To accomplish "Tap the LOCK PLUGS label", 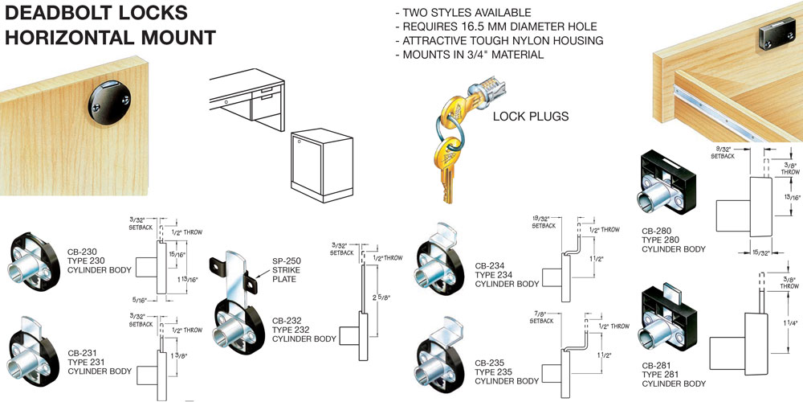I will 531,117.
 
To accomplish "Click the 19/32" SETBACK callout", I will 543,222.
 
